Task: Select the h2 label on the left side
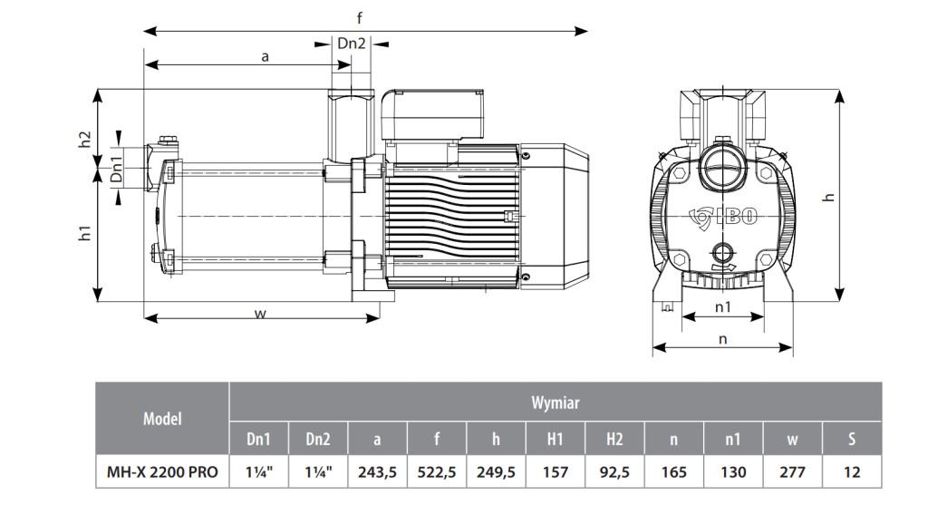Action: click(x=84, y=141)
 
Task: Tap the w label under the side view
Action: click(x=260, y=314)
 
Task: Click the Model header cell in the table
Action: click(x=162, y=418)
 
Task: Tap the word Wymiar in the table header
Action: click(x=555, y=403)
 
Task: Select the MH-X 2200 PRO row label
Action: click(x=162, y=471)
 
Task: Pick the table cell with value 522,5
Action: click(x=437, y=471)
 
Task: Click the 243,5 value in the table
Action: click(x=377, y=471)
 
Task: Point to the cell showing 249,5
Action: click(x=496, y=471)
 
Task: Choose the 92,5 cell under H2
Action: click(x=614, y=471)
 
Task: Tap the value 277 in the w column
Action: click(x=792, y=471)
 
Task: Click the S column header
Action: click(x=851, y=439)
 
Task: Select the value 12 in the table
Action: click(x=851, y=471)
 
